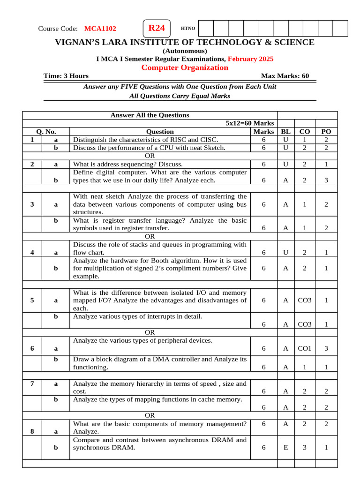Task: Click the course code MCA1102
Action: [x=100, y=29]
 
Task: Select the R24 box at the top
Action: [x=157, y=28]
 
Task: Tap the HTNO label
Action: [x=188, y=29]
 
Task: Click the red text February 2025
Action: [x=251, y=59]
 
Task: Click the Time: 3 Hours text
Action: [x=66, y=76]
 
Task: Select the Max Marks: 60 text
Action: [x=285, y=76]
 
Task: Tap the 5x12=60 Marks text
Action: [x=250, y=123]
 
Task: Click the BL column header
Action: [x=285, y=132]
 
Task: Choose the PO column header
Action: [x=326, y=132]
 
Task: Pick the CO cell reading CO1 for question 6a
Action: [x=305, y=348]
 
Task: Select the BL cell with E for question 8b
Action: [x=285, y=448]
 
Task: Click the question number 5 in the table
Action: [x=32, y=300]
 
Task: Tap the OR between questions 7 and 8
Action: [x=150, y=415]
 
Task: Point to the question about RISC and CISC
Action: [x=145, y=140]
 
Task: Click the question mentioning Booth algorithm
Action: [x=160, y=268]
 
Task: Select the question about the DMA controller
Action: [x=160, y=363]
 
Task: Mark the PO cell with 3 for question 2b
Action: [x=326, y=180]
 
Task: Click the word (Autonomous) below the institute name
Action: [x=185, y=51]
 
